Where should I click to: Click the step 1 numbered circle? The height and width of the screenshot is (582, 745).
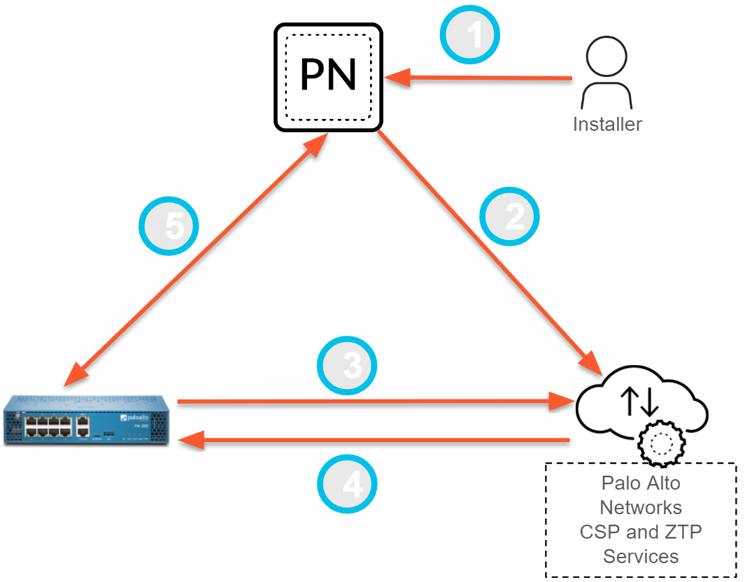pyautogui.click(x=469, y=35)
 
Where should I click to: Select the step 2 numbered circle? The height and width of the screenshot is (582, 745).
pyautogui.click(x=511, y=217)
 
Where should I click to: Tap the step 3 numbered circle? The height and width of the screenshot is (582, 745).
pyautogui.click(x=347, y=366)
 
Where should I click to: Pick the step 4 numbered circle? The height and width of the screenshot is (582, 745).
pyautogui.click(x=347, y=483)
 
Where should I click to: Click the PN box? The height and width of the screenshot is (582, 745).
pyautogui.click(x=329, y=76)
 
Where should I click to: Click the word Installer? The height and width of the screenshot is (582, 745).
pyautogui.click(x=607, y=125)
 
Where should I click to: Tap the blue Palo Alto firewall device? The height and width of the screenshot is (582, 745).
pyautogui.click(x=87, y=421)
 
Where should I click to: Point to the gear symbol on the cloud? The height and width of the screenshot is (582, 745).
pyautogui.click(x=662, y=441)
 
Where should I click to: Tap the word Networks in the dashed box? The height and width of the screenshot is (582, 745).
pyautogui.click(x=641, y=507)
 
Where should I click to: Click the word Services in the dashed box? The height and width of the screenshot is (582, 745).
pyautogui.click(x=641, y=556)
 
